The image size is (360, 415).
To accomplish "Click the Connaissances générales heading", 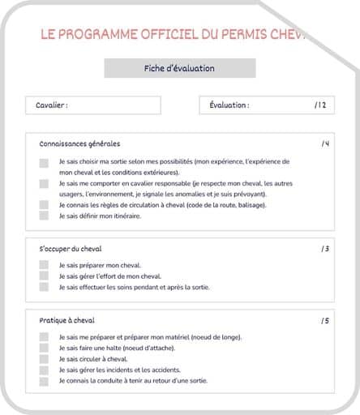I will coord(79,143).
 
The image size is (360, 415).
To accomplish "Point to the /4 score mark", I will coord(324,143).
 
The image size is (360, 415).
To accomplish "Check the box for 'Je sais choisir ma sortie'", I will coord(44,162).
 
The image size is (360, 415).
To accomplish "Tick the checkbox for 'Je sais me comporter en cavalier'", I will coord(44,184).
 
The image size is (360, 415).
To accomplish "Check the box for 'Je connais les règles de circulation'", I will coord(44,205).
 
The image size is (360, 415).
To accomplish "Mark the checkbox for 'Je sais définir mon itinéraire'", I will coord(44,216).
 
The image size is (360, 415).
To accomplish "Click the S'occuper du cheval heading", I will coord(71,248).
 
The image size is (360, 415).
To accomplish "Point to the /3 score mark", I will coord(324,248).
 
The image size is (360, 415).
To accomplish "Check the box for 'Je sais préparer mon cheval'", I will coord(44,265).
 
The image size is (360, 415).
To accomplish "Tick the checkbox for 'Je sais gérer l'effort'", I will coord(44,276).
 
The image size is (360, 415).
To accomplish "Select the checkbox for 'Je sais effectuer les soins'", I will coord(44,287).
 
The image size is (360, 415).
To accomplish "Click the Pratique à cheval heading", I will coord(67,320).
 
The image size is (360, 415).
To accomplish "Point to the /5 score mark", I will coord(324,320).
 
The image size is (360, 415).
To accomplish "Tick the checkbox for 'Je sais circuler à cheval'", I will coord(44,358).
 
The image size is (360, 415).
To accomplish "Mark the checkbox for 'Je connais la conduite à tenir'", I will coord(44,380).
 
